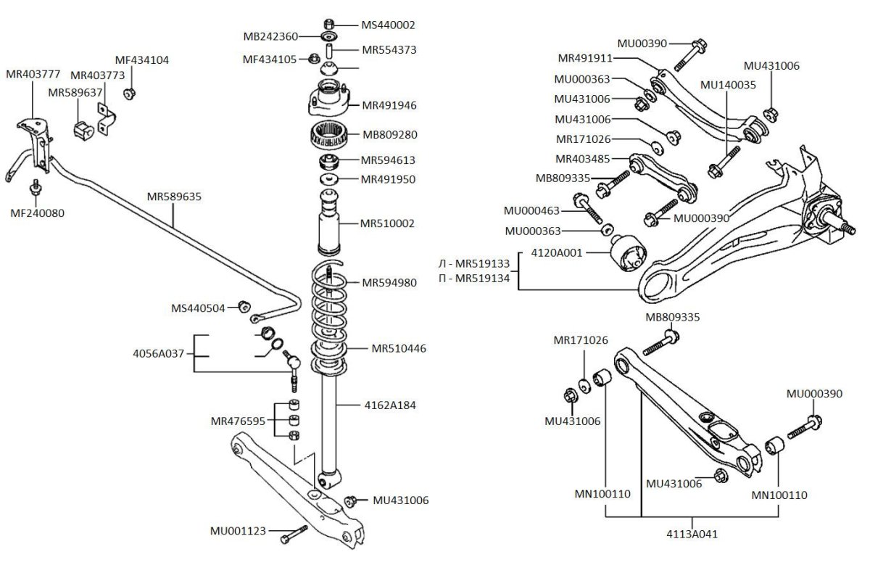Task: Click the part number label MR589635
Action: pos(174,197)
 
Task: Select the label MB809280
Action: pos(389,135)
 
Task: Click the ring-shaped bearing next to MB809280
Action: pos(330,134)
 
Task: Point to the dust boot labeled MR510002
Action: pos(330,223)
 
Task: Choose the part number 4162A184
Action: pos(391,405)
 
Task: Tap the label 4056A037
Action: pos(159,354)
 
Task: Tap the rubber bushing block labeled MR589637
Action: pos(84,128)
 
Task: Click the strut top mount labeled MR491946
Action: pos(330,104)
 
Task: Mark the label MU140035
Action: pos(728,85)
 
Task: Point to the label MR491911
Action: pos(585,58)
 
